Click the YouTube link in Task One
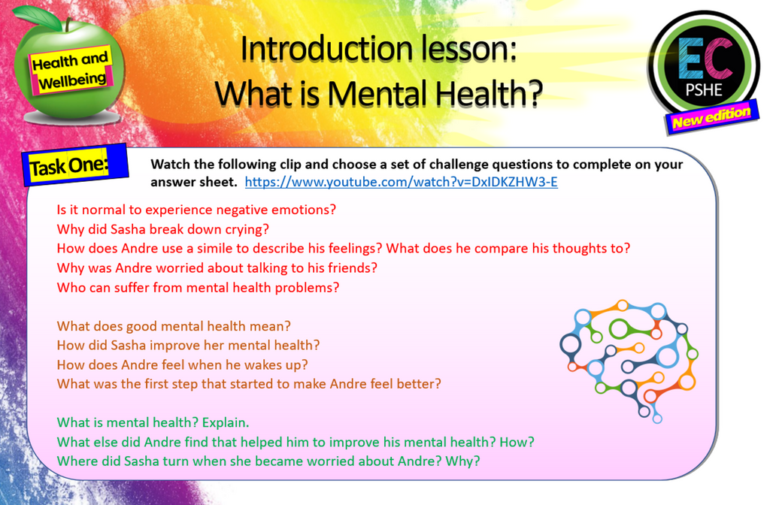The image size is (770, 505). (401, 182)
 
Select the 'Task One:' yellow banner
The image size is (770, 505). (69, 166)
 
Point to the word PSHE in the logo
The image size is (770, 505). (704, 91)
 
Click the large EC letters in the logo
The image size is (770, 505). (704, 60)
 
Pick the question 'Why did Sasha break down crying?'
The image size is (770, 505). (162, 228)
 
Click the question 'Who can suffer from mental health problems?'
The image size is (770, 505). (199, 287)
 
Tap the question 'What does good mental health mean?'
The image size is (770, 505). (174, 326)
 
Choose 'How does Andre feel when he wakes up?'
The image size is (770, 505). (182, 364)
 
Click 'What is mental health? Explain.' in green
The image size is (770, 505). (153, 422)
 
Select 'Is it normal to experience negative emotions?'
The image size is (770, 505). (196, 209)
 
